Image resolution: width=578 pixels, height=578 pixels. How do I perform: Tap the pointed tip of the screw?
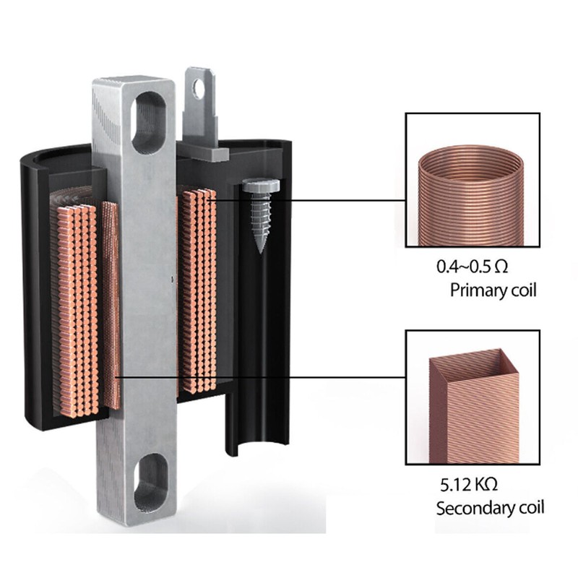[261, 253]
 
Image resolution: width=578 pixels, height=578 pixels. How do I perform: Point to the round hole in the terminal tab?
[199, 87]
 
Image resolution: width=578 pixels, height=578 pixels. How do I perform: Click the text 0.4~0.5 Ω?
[473, 267]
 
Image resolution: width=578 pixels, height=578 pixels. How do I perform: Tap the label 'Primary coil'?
[493, 290]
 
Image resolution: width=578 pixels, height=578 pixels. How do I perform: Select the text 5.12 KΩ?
[469, 484]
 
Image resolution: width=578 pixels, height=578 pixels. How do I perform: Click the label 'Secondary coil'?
[491, 509]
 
